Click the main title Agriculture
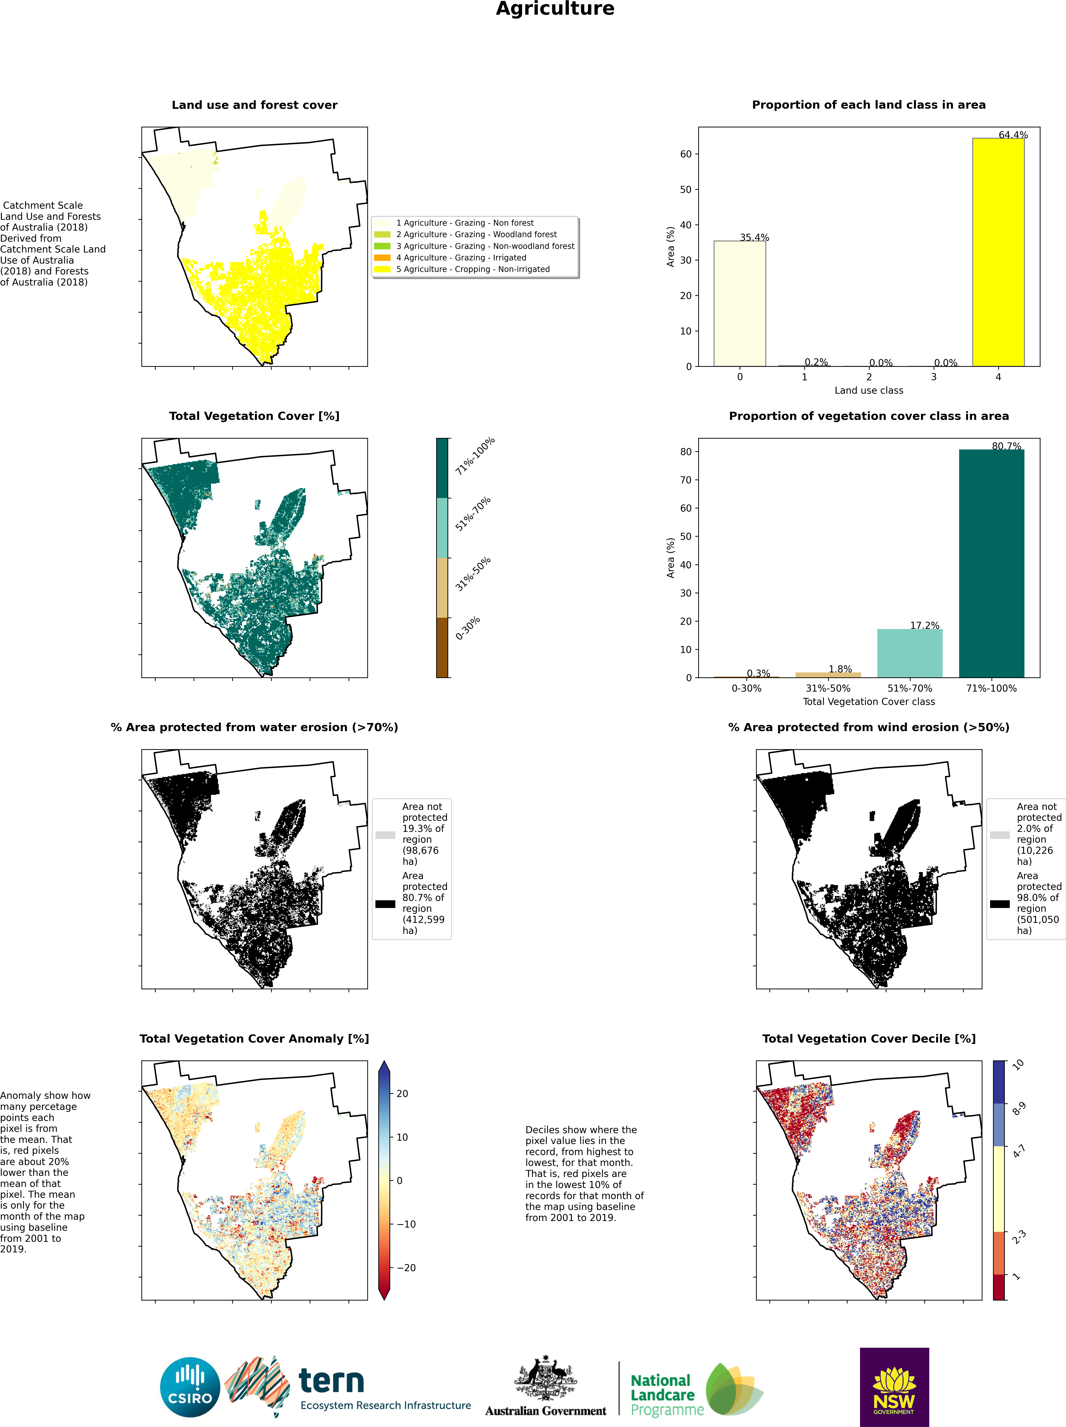555,9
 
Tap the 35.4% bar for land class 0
740,303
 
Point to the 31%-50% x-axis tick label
828,688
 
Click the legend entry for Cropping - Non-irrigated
472,269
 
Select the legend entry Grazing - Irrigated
461,257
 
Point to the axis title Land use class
869,390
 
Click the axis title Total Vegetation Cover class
869,701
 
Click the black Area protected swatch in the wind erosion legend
1000,904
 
